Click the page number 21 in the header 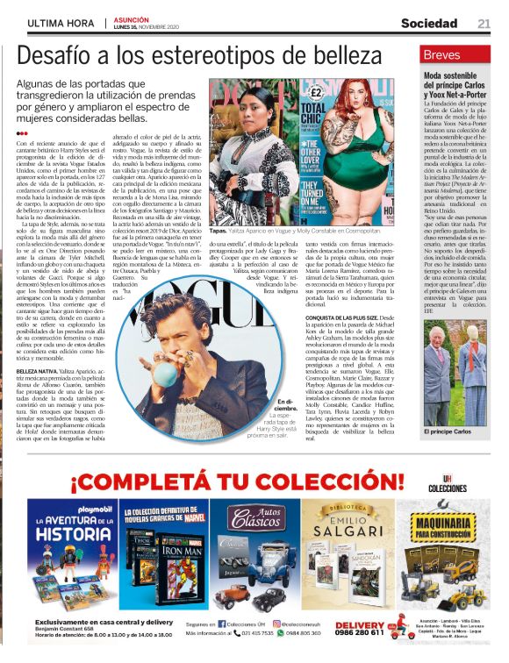(484, 23)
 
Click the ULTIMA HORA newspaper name (61, 23)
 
